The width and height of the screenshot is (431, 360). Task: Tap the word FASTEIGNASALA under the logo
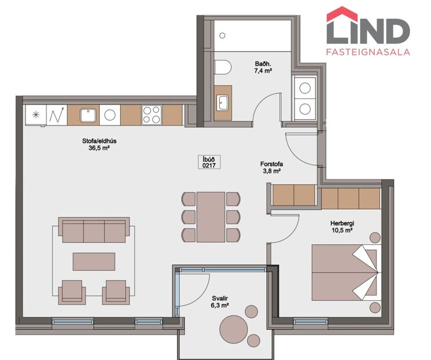click(369, 52)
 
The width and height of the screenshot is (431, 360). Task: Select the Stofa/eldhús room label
click(96, 141)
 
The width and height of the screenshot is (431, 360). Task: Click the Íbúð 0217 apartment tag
click(209, 163)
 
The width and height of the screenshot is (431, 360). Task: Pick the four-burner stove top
click(151, 114)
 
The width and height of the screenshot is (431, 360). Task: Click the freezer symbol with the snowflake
click(36, 114)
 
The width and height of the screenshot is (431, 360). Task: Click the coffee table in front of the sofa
click(93, 261)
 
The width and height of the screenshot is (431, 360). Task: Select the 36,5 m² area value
click(96, 148)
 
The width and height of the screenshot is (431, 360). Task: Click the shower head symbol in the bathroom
click(221, 35)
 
